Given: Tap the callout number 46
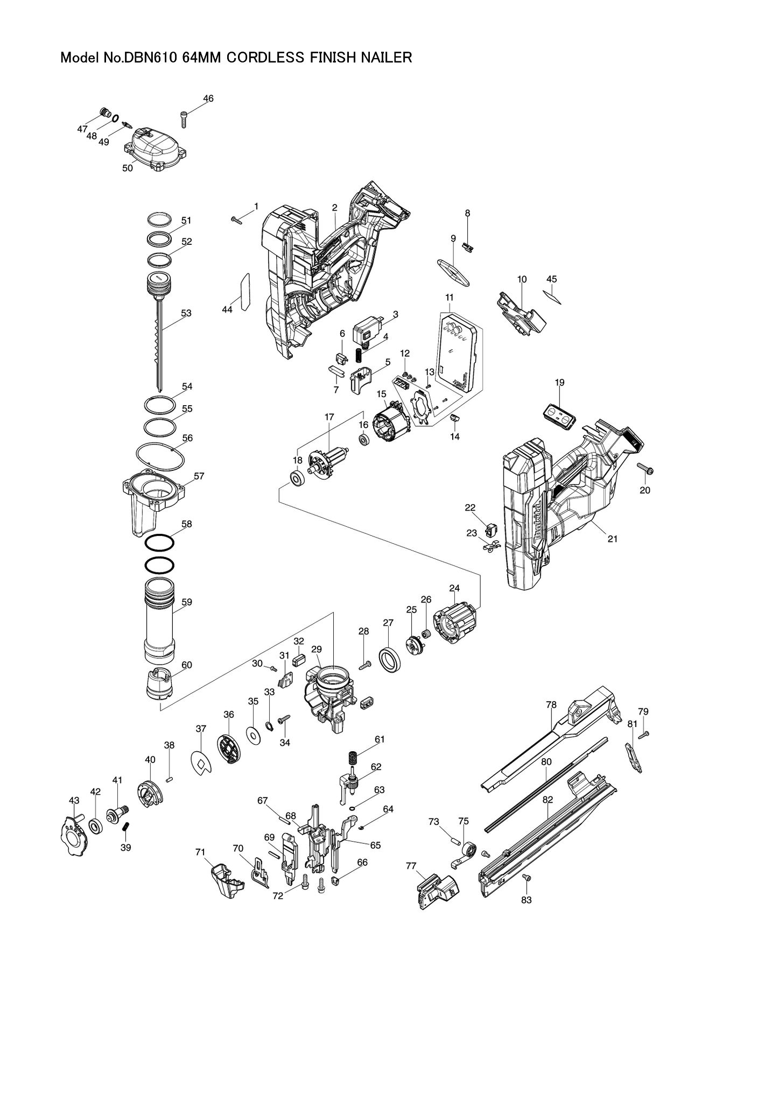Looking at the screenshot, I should click(x=208, y=98).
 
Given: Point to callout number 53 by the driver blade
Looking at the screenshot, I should click(x=186, y=313).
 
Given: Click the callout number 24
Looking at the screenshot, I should click(x=454, y=589).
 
